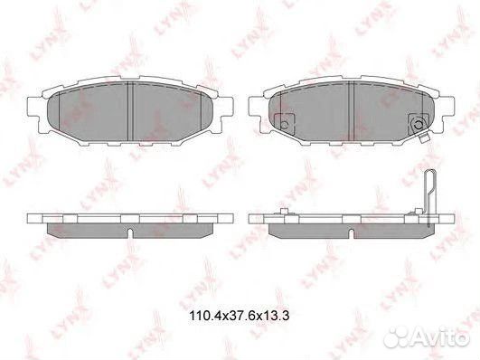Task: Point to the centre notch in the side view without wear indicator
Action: click(132, 233)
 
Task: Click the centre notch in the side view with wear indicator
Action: click(351, 233)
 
